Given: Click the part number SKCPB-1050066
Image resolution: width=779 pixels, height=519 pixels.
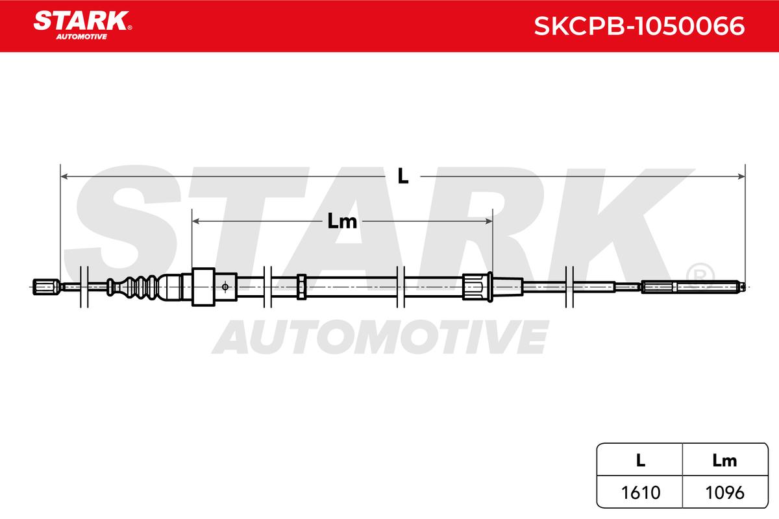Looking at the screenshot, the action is click(x=639, y=26).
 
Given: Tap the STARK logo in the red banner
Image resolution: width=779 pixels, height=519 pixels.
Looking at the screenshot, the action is click(x=82, y=25).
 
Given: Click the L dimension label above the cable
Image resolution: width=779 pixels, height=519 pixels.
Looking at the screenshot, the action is click(x=402, y=176).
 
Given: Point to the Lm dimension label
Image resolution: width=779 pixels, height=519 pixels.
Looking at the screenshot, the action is click(x=342, y=221).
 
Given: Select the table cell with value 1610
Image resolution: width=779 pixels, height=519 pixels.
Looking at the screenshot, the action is click(x=641, y=492).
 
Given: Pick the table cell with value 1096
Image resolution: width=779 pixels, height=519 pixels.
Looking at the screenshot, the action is click(x=725, y=492).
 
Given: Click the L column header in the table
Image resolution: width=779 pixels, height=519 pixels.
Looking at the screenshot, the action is click(x=641, y=461).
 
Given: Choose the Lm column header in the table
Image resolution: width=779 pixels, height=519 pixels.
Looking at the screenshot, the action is click(x=725, y=461).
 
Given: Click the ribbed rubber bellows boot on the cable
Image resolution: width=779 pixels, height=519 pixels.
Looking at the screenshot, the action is click(x=133, y=287).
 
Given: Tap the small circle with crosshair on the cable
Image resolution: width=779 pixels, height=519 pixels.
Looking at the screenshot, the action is click(x=225, y=287).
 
